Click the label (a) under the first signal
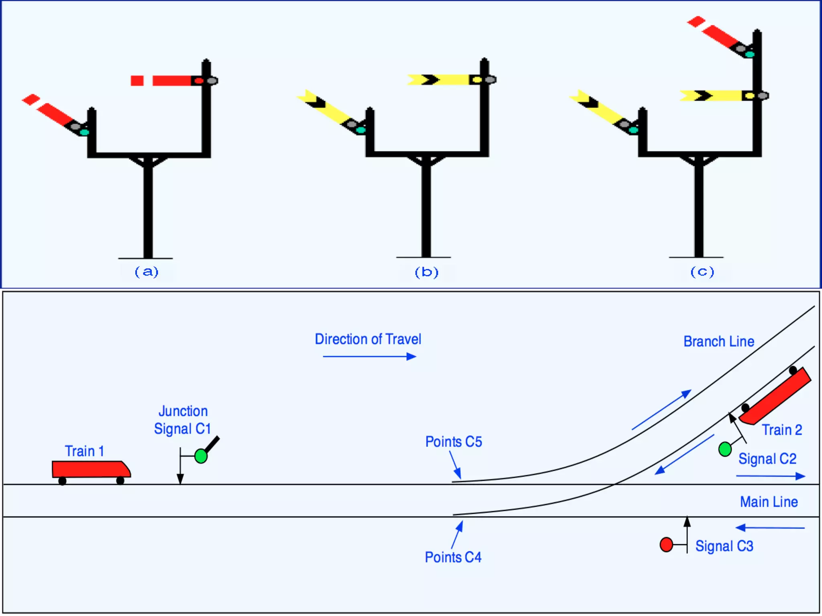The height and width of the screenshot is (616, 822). [146, 272]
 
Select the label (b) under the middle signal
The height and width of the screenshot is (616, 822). [426, 272]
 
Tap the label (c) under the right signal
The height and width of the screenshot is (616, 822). [702, 272]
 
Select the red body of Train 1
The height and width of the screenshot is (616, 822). [90, 469]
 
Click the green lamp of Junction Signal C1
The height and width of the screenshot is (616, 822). [201, 456]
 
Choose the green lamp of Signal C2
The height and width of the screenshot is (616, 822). [725, 449]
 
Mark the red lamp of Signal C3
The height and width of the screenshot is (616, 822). [666, 544]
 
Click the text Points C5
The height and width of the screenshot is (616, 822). [454, 442]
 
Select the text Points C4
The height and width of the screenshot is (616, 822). [453, 557]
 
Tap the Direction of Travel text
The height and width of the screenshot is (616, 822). [368, 339]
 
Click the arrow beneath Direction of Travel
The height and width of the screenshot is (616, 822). [369, 356]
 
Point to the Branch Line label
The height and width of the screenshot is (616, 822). [718, 342]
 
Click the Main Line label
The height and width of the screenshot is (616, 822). [769, 502]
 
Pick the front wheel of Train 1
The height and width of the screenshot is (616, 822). [120, 480]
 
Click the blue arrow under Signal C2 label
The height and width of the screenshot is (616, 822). [771, 476]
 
